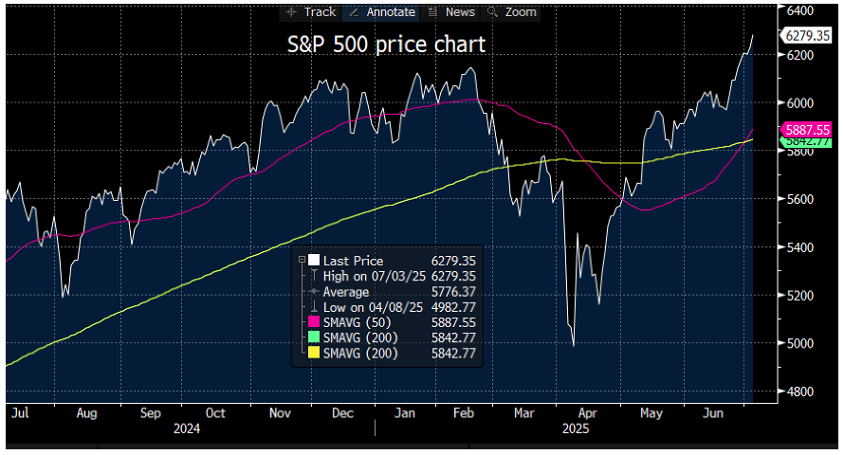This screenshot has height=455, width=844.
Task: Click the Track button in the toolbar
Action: tap(309, 12)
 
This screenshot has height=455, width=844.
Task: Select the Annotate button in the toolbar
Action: tap(381, 12)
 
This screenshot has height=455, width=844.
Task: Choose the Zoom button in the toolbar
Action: tap(512, 12)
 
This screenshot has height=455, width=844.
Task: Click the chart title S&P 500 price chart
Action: tap(386, 45)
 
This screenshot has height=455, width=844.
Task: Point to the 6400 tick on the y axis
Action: tap(800, 9)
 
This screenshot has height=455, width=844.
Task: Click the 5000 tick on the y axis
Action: tap(800, 343)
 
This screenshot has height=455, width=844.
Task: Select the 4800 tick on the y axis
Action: tap(800, 391)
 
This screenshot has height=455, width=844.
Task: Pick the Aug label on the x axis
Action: tap(86, 413)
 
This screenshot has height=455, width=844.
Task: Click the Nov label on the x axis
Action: tap(279, 413)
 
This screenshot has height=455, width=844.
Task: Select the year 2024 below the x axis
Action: tap(186, 428)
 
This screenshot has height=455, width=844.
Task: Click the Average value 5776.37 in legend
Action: tap(452, 292)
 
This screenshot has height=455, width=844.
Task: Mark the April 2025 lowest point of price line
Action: tap(574, 345)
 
